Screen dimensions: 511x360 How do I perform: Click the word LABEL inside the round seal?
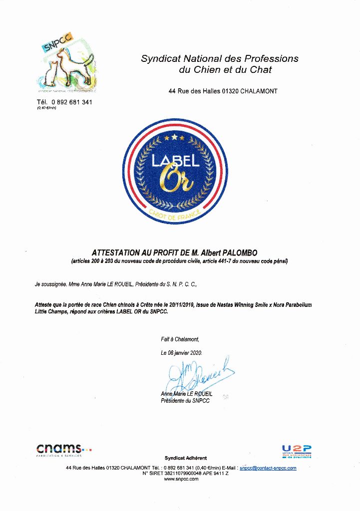coord(176,160)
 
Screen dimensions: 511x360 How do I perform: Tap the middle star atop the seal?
coord(174,136)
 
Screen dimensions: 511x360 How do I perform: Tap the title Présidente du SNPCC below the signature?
coord(185,401)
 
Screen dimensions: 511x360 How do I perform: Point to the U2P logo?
coord(297,451)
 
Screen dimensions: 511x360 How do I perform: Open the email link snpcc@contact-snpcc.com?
coord(268,468)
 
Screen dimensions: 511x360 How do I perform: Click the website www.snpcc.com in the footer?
coord(181,479)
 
